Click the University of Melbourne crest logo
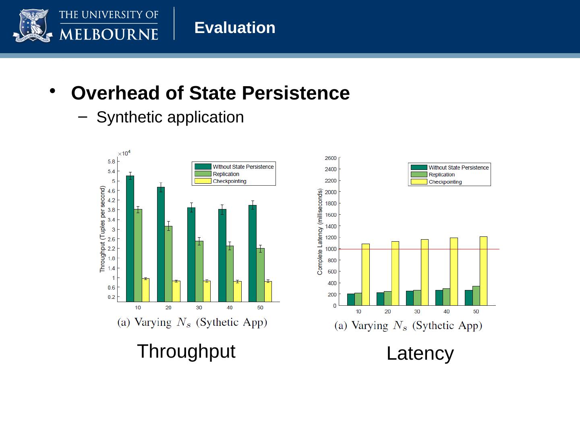point(33,26)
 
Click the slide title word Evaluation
point(235,28)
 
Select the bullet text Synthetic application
point(170,117)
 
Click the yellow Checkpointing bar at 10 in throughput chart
point(145,290)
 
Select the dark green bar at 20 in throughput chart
point(161,244)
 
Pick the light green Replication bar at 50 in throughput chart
point(260,274)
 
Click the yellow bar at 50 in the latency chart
point(483,271)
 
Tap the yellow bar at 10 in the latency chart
point(365,274)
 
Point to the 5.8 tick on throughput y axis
point(112,162)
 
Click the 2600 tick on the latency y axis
point(330,158)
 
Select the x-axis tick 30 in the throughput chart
point(199,308)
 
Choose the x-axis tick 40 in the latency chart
point(446,312)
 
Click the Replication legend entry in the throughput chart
point(226,174)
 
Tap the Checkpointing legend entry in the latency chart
point(445,182)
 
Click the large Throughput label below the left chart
point(186,351)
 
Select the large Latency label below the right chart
point(420,354)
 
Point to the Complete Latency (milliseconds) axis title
point(320,232)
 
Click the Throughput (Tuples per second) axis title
point(103,229)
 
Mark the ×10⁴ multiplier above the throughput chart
point(124,153)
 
